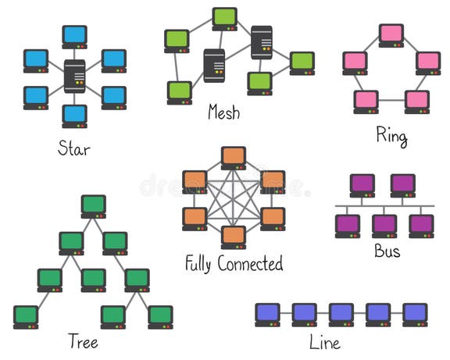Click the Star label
coord(74,148)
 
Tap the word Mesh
coord(223,112)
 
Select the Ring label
coord(391,137)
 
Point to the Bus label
coord(387,251)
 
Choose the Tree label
coord(82,341)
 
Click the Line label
coord(324,341)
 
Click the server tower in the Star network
coord(75,76)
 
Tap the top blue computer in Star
coord(75,36)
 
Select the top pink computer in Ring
coord(391,35)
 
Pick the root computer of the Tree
coord(93,206)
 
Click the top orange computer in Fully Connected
coord(234,157)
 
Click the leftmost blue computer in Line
coord(267,314)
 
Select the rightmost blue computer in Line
coord(415,314)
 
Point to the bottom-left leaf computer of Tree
coord(26,316)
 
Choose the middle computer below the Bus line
coord(384,225)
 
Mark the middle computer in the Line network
coord(341,314)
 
